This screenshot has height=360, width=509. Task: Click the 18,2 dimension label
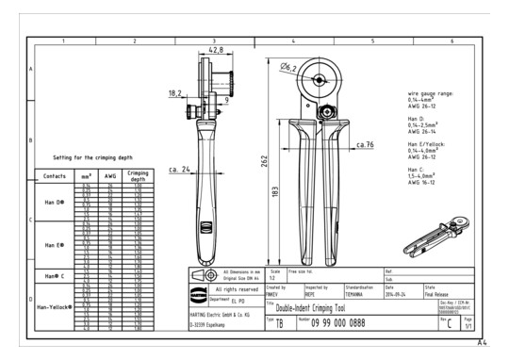[x=175, y=93]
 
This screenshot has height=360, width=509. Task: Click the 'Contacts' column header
[x=55, y=176]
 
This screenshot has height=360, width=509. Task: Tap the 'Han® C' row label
[x=55, y=275]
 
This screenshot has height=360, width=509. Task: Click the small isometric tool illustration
[x=434, y=246]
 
